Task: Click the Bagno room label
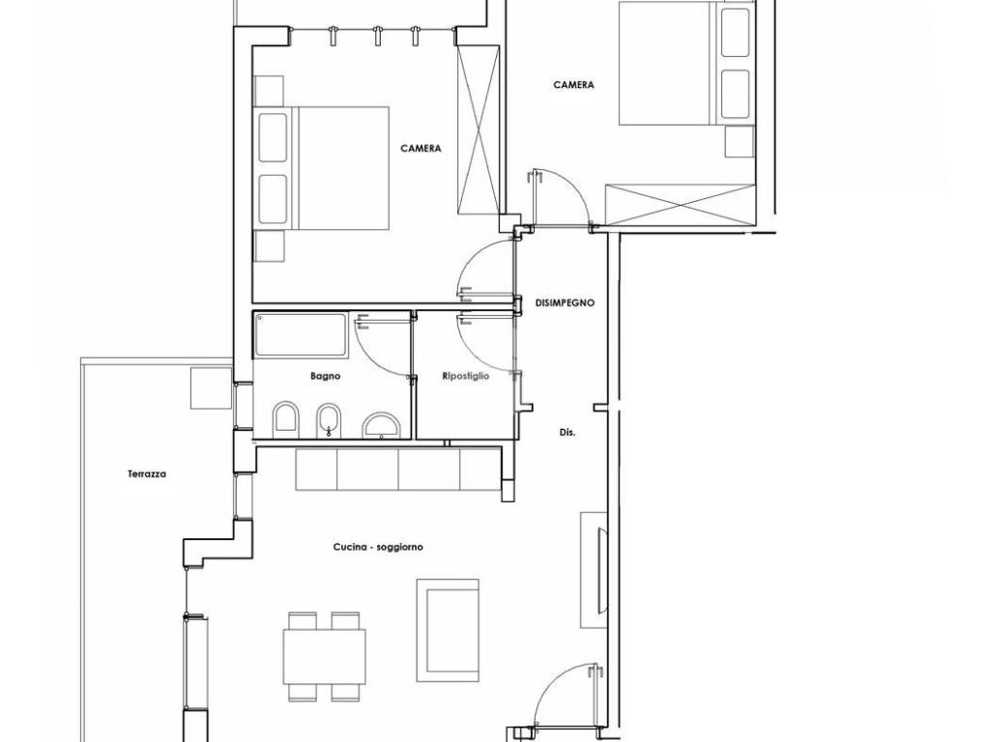[x=325, y=376]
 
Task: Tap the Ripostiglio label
[x=466, y=376]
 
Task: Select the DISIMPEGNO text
[x=565, y=302]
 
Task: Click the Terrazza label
[x=147, y=473]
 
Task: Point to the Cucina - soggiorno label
[x=378, y=547]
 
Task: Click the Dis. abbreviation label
[x=567, y=434]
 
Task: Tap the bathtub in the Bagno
[x=301, y=334]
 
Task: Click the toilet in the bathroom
[x=286, y=418]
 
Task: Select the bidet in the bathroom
[x=328, y=419]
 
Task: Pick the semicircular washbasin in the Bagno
[x=382, y=425]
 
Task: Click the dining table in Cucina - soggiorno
[x=324, y=656]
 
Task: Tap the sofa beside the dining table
[x=448, y=630]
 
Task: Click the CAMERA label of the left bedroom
[x=421, y=149]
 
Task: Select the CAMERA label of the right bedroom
[x=574, y=85]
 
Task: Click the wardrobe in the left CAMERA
[x=478, y=130]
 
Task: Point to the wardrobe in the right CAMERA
[x=680, y=204]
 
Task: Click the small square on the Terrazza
[x=212, y=388]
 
